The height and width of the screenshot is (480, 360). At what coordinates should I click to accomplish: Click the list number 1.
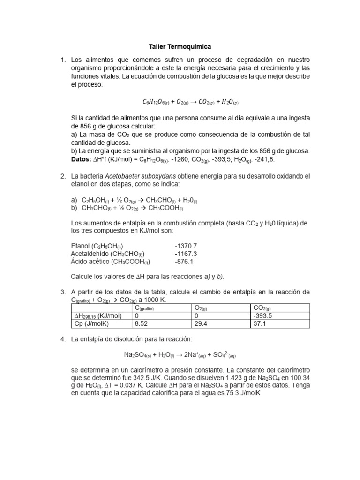[x=63, y=60]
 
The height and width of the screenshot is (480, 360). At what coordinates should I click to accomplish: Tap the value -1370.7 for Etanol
[x=186, y=246]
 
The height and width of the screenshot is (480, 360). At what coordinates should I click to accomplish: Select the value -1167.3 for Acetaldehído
[x=186, y=254]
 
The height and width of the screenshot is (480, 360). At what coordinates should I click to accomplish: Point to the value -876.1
[x=184, y=262]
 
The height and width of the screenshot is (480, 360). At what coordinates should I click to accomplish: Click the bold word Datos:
[x=81, y=159]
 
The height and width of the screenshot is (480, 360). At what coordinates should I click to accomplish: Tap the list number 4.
[x=63, y=339]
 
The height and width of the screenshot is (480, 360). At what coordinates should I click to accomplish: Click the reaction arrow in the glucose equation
[x=192, y=101]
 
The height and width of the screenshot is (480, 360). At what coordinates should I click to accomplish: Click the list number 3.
[x=63, y=292]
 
